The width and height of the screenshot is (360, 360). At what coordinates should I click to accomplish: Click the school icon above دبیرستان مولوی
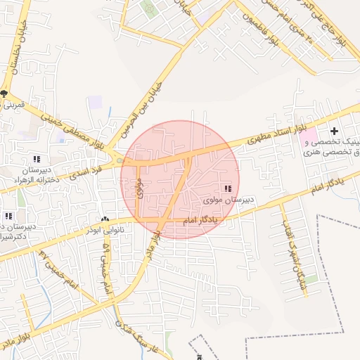[x=228, y=188]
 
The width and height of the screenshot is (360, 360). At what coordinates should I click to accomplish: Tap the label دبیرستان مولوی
[x=229, y=200]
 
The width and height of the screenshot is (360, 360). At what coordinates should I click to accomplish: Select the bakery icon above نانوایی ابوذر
[x=105, y=220]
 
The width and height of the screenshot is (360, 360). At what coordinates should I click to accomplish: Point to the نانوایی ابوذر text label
[x=105, y=230]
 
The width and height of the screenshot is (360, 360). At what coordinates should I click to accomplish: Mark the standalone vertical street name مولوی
[x=140, y=188]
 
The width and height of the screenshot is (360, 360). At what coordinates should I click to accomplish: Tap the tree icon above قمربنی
[x=4, y=94]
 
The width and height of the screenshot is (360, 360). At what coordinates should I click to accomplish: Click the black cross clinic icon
[x=335, y=130]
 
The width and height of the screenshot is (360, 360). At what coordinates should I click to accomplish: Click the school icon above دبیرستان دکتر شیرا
[x=8, y=216]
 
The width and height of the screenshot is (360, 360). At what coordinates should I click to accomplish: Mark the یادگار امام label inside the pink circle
[x=201, y=221]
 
